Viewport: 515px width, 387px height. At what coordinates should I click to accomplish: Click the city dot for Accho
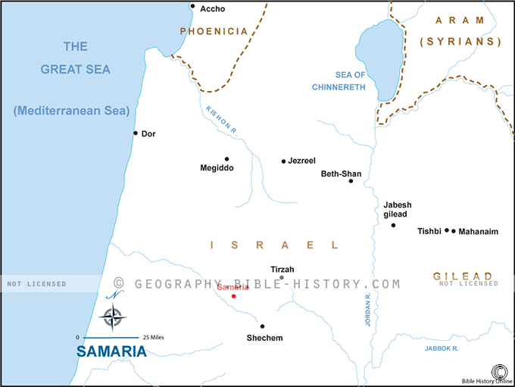pos(192,7)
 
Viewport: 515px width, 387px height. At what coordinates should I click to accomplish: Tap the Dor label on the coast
pos(148,133)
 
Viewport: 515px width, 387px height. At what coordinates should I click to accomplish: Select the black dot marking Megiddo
pos(226,159)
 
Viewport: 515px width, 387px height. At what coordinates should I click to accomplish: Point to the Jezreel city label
pos(301,161)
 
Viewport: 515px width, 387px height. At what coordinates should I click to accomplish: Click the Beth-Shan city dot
pos(351,181)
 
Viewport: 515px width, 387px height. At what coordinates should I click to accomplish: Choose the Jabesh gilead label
pos(398,210)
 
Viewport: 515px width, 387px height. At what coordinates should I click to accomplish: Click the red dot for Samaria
pos(233,295)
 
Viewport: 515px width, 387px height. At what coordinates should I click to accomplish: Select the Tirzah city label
pos(282,270)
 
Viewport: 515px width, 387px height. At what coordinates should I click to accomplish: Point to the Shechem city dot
pos(262,326)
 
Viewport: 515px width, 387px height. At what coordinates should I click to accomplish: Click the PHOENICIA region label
pos(214,31)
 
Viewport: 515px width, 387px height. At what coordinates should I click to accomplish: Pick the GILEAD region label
pos(463,276)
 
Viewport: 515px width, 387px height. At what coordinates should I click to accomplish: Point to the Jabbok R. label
pos(442,348)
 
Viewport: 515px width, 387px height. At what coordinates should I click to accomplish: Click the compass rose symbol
pos(114,316)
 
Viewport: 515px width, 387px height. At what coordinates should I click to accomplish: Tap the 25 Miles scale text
pos(152,337)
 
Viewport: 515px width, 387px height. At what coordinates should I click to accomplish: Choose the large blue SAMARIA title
pos(111,352)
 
